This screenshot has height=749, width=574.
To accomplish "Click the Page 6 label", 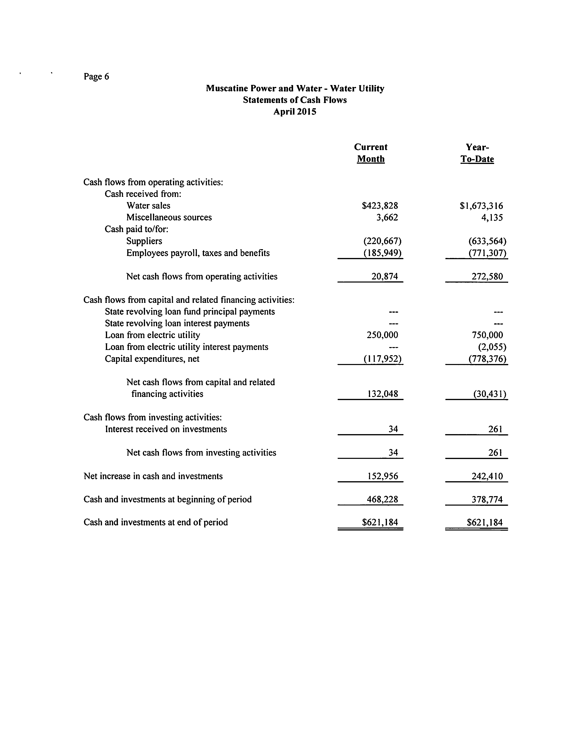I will tap(96, 77).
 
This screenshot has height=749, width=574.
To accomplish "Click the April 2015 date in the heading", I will tap(294, 112).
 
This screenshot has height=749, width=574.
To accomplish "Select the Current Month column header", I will tap(371, 153).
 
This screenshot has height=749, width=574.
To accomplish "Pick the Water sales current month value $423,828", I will tap(380, 206).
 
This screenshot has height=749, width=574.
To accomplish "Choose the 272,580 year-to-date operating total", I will tap(487, 276).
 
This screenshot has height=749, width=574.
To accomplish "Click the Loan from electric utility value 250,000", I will tap(382, 335).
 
